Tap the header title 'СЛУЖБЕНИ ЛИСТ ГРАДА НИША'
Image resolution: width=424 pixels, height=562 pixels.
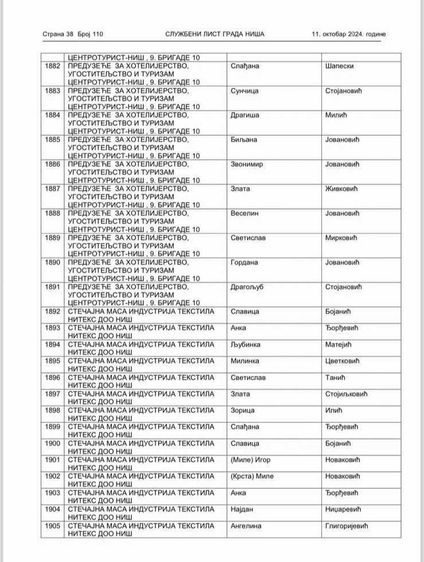click(x=215, y=34)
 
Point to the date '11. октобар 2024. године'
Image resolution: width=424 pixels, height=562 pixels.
click(x=349, y=34)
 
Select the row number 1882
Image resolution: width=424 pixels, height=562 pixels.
click(x=52, y=66)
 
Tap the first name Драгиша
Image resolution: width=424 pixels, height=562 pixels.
click(x=245, y=116)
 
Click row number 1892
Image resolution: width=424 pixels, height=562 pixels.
click(x=52, y=312)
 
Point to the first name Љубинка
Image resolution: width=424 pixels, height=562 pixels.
click(x=246, y=345)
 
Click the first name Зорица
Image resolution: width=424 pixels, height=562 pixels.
click(x=242, y=411)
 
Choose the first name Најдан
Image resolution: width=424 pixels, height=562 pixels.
click(x=243, y=509)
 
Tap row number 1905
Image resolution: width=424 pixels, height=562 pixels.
click(x=52, y=526)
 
